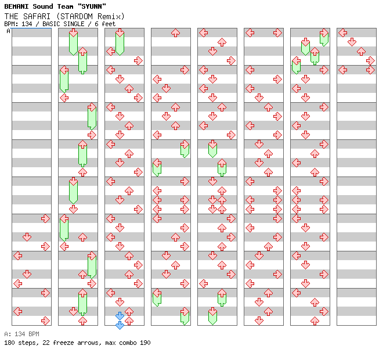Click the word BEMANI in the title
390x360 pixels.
click(17, 6)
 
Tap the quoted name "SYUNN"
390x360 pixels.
click(90, 6)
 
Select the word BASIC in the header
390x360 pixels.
click(52, 24)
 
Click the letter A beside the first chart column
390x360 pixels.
click(8, 31)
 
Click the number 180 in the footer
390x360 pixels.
click(9, 343)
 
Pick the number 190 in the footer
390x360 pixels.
click(145, 343)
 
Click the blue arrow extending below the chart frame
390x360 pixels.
click(120, 325)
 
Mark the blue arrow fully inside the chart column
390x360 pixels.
click(120, 316)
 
